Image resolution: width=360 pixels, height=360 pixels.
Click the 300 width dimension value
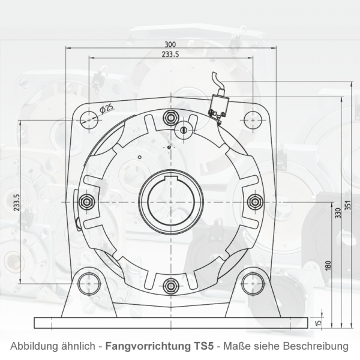[170, 44]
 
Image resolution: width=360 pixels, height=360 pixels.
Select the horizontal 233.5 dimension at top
[170, 55]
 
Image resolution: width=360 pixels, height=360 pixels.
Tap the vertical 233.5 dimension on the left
[17, 202]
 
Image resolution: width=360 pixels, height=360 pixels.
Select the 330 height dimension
[337, 212]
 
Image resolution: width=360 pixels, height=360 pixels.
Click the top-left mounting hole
[89, 119]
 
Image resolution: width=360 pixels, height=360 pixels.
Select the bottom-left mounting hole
[89, 282]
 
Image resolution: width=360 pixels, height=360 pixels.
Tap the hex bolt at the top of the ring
[170, 117]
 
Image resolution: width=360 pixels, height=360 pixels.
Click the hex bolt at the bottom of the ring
[170, 284]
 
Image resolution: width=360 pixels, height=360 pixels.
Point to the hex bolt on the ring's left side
[86, 201]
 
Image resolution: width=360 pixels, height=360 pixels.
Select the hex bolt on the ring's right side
[254, 201]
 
